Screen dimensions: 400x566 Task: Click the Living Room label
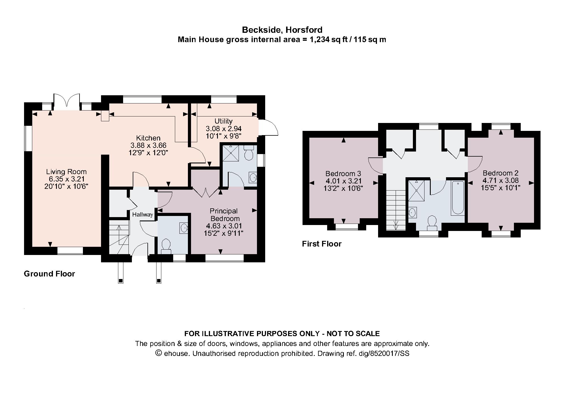(66, 172)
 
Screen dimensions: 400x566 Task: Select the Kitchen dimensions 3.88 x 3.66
(148, 145)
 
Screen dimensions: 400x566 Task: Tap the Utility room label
(223, 121)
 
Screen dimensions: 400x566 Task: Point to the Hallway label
(142, 215)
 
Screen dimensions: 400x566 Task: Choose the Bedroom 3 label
(343, 174)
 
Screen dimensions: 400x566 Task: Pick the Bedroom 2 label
(500, 173)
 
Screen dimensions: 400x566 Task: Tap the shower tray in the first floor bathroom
(416, 191)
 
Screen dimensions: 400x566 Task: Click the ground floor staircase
(119, 237)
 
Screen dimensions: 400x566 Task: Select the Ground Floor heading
(49, 274)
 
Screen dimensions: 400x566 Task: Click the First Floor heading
(321, 244)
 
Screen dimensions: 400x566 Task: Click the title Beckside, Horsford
(282, 30)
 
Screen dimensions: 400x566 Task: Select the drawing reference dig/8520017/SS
(389, 353)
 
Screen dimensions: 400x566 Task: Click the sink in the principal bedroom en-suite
(253, 178)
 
